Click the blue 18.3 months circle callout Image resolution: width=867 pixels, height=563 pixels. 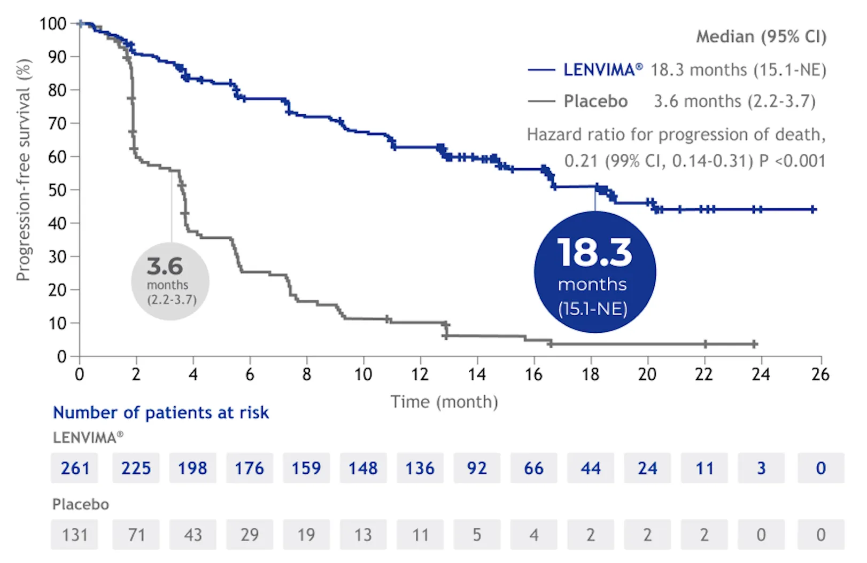click(594, 272)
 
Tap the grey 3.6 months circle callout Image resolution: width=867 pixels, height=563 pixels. click(170, 282)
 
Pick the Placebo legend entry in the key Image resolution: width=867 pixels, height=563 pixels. click(595, 101)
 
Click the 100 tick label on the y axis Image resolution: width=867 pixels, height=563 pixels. click(53, 24)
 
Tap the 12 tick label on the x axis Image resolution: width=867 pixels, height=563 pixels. click(420, 374)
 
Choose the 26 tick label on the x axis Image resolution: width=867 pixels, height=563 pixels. click(820, 374)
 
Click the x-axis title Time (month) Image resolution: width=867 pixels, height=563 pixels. click(444, 402)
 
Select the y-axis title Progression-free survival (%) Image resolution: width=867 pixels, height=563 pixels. click(24, 170)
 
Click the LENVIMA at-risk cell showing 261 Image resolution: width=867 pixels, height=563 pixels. click(75, 468)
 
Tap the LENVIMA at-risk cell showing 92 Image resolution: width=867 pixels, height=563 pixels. click(477, 468)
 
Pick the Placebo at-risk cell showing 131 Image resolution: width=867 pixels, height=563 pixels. click(75, 535)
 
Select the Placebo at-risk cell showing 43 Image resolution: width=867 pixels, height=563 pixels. click(192, 535)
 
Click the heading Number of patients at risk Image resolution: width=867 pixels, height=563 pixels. click(160, 413)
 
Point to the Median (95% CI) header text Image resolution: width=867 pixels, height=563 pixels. click(761, 37)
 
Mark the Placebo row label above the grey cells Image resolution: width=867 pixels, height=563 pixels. click(81, 504)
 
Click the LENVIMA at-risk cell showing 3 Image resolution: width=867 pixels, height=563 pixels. click(761, 468)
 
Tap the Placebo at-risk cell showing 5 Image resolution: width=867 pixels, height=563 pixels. click(477, 535)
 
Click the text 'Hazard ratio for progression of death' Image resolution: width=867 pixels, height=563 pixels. click(676, 135)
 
